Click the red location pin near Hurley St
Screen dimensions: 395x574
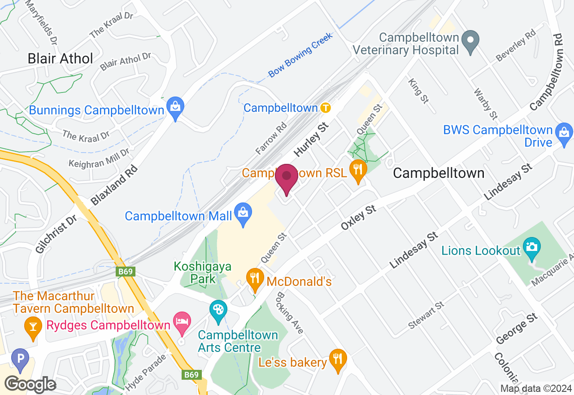287,176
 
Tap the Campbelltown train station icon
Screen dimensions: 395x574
326,108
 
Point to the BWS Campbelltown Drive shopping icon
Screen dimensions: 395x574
564,133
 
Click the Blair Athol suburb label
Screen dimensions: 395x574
60,58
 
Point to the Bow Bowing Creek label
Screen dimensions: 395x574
300,55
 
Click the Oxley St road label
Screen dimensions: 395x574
358,217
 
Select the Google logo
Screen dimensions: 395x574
30,384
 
